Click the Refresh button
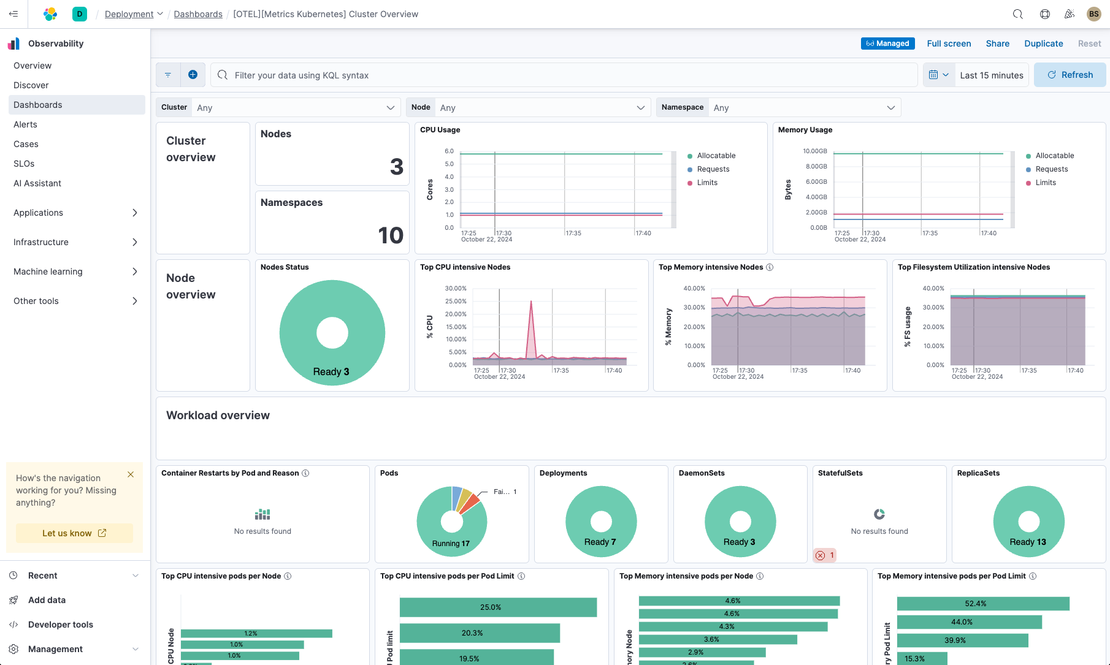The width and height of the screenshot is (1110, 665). point(1070,75)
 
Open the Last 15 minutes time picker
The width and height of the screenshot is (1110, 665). point(991,75)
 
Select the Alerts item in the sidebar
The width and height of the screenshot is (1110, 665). point(25,124)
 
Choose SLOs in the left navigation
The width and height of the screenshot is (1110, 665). point(24,164)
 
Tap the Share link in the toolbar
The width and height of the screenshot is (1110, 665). point(997,44)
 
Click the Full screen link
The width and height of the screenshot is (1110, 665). point(949,44)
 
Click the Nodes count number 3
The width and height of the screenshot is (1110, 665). point(396,167)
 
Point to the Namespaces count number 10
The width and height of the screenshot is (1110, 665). point(390,235)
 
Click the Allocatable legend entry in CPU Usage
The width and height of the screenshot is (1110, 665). point(716,156)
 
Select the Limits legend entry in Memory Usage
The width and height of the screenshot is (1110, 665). point(1045,183)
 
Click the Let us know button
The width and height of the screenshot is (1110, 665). point(74,533)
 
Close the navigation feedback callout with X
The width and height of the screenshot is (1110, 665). point(131,474)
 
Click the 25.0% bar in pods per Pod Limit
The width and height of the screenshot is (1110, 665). point(498,607)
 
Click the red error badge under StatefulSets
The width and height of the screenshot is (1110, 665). point(824,555)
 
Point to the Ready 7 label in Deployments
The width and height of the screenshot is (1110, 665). point(600,542)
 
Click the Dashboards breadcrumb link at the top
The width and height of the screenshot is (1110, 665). point(198,14)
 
